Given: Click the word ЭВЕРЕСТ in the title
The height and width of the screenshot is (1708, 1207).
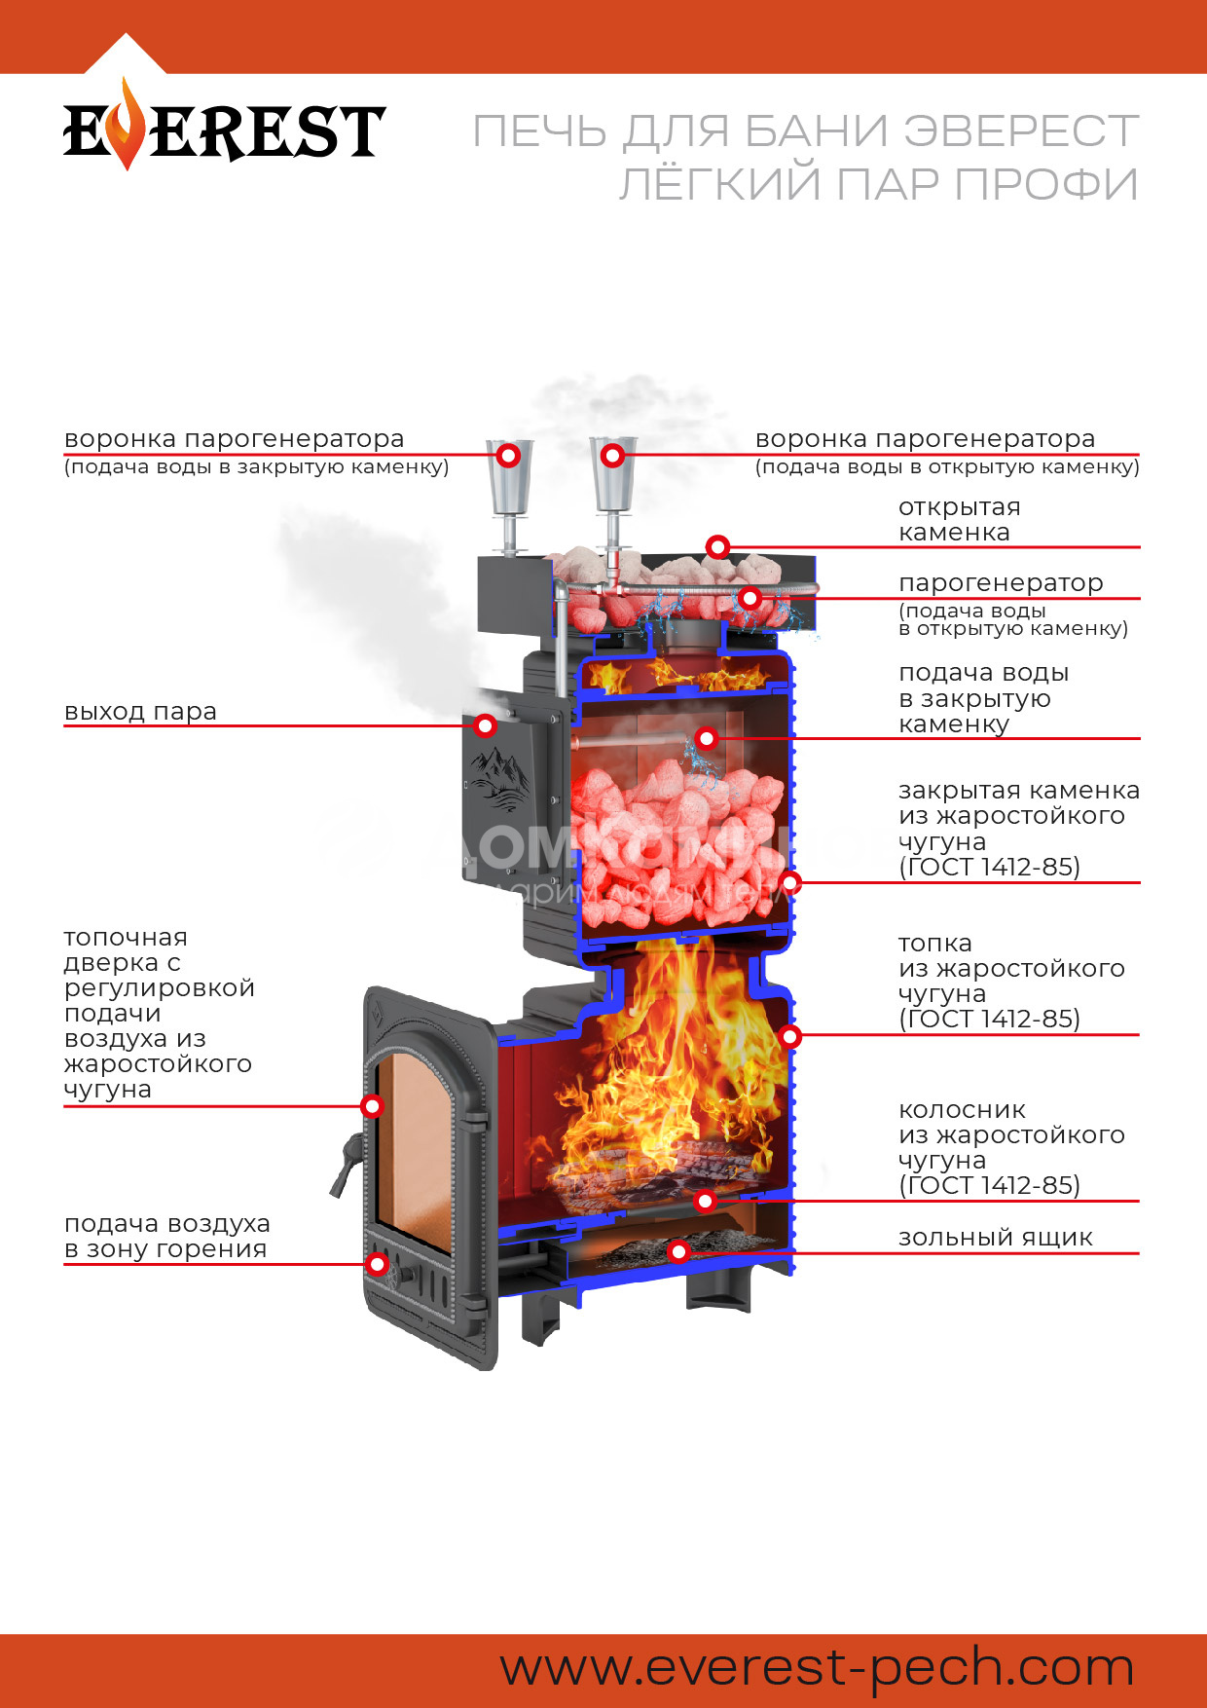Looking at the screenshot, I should click(1020, 132).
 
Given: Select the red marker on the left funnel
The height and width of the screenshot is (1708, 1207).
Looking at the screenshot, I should click(508, 455).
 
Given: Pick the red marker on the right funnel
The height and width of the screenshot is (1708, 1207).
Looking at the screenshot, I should click(612, 455).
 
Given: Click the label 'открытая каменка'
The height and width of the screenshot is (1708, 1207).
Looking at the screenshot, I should click(958, 520).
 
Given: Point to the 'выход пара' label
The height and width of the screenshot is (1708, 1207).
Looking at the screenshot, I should click(140, 712).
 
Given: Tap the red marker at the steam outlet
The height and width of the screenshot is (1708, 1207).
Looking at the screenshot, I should click(485, 725).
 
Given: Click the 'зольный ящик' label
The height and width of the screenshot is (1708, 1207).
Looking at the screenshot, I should click(995, 1238).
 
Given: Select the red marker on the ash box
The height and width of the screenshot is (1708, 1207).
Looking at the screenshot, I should click(678, 1251).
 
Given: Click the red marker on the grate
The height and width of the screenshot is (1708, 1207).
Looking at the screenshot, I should click(706, 1201).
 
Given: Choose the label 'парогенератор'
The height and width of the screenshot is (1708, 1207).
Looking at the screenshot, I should click(1000, 583).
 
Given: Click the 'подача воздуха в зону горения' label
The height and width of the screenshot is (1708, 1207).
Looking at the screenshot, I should click(166, 1237).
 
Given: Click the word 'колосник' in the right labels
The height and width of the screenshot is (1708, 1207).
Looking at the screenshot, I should click(962, 1110).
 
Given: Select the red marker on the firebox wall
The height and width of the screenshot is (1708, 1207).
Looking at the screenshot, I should click(789, 1036).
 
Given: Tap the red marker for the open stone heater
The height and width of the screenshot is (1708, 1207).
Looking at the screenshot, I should click(717, 547).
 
